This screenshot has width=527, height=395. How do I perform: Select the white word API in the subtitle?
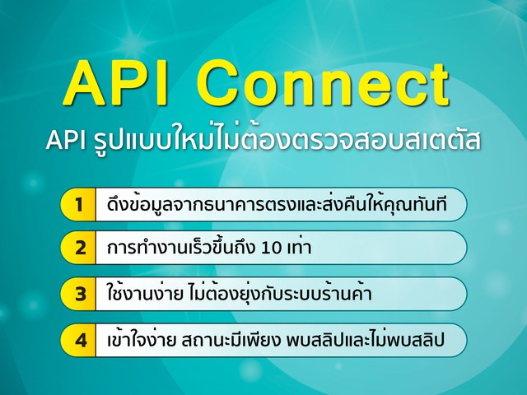pos(65,140)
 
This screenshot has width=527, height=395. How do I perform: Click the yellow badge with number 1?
pos(78,204)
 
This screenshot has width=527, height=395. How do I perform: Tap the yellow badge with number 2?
pos(78,248)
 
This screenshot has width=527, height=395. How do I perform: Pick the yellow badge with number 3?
pos(78,294)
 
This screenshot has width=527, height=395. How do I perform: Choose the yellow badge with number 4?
pos(78,340)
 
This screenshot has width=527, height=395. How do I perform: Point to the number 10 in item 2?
pos(272,249)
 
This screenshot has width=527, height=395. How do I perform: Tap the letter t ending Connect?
pos(439,84)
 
